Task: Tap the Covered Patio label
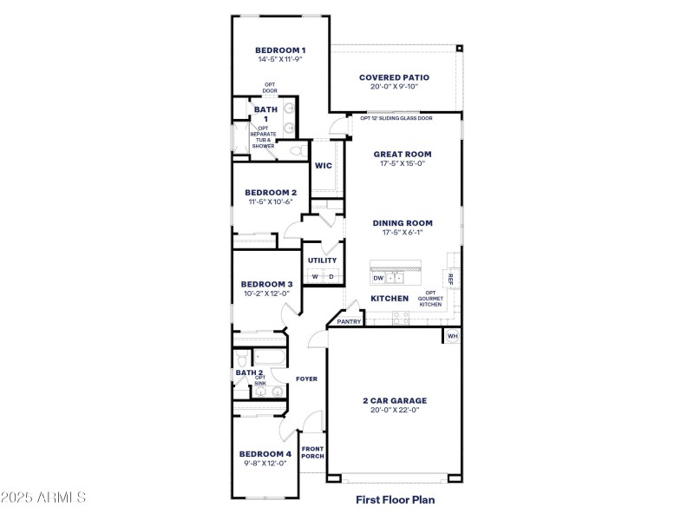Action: (394, 77)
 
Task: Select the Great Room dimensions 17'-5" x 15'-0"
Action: (402, 163)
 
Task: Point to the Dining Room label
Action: (403, 223)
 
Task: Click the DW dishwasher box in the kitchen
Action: (378, 278)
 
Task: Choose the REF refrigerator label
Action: (450, 278)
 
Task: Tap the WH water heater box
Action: (452, 336)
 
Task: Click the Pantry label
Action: (349, 321)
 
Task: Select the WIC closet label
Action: (324, 165)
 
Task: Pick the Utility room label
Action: (322, 260)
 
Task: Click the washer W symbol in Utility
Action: (315, 277)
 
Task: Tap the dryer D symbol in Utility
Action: (331, 277)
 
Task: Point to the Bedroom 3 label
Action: (266, 284)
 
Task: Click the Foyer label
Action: (306, 379)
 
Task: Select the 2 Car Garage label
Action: (395, 400)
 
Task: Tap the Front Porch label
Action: (312, 452)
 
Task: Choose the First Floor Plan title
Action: (395, 499)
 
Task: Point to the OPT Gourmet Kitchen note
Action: (431, 299)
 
